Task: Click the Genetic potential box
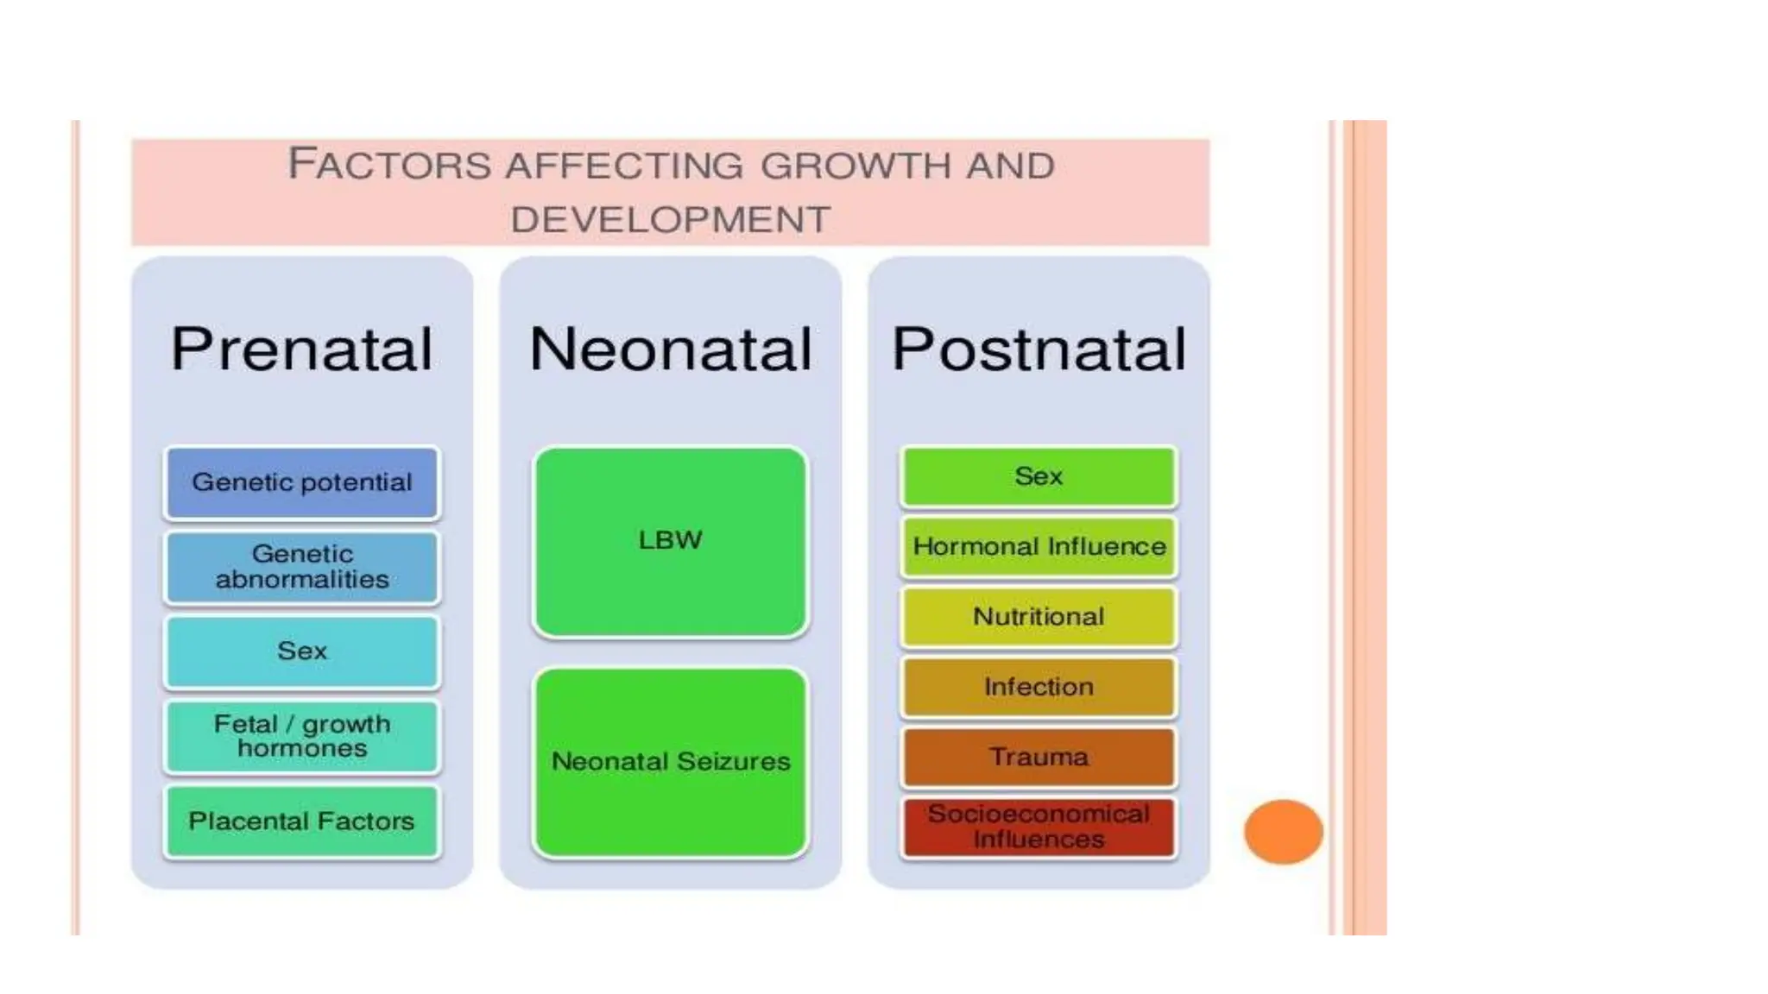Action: [302, 482]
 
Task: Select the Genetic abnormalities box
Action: [302, 567]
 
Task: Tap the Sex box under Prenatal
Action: [302, 651]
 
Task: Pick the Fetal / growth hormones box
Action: [302, 736]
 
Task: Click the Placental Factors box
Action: [302, 821]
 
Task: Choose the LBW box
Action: [670, 541]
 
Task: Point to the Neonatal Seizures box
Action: [670, 762]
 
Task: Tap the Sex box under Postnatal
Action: [1039, 476]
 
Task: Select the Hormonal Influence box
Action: [1039, 546]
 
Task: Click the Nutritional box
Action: [1039, 617]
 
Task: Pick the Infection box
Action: [1039, 687]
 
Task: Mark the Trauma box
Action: [1039, 758]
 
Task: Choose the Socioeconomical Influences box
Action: [1039, 827]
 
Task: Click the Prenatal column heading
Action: [302, 349]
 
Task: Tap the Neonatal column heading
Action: [670, 349]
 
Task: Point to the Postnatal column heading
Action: [1039, 349]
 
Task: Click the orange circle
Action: [1283, 832]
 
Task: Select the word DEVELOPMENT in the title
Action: [670, 220]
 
